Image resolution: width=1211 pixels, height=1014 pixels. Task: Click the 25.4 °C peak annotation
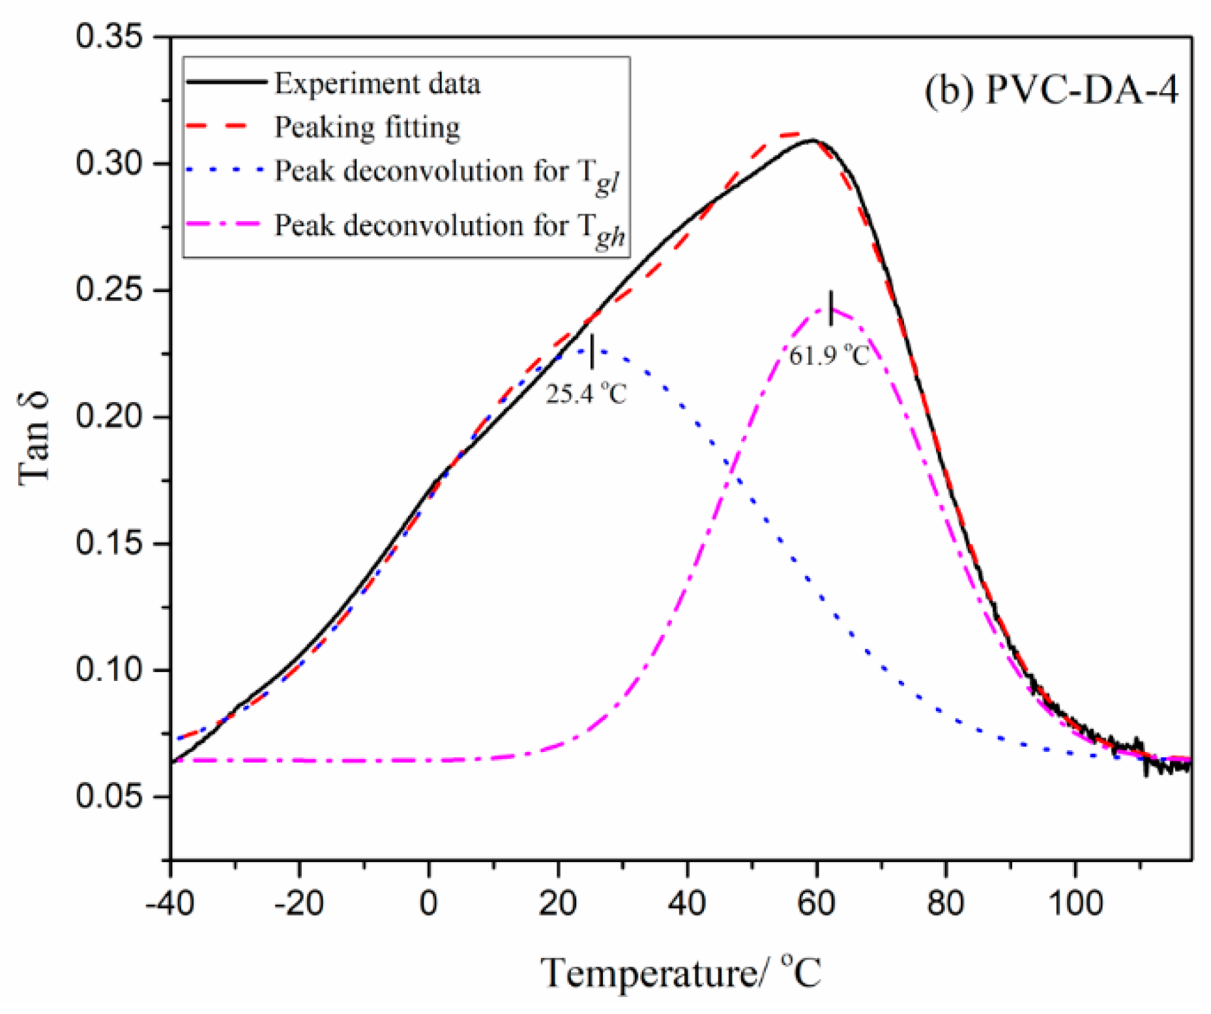pyautogui.click(x=585, y=394)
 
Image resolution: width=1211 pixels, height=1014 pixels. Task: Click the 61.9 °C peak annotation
pyautogui.click(x=829, y=356)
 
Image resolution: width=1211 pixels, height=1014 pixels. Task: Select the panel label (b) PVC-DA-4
pyautogui.click(x=1051, y=90)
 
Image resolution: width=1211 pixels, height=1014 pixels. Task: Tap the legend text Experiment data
pyautogui.click(x=377, y=83)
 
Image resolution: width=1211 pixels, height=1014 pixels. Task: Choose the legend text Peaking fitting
pyautogui.click(x=367, y=127)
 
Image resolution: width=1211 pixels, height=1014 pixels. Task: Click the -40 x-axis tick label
pyautogui.click(x=169, y=903)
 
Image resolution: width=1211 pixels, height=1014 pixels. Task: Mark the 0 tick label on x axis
pyautogui.click(x=428, y=903)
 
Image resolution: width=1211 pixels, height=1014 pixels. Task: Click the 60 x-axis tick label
pyautogui.click(x=816, y=903)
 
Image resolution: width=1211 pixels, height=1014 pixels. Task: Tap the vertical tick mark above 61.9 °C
pyautogui.click(x=830, y=308)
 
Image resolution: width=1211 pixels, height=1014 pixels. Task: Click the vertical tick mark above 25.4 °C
pyautogui.click(x=592, y=351)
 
